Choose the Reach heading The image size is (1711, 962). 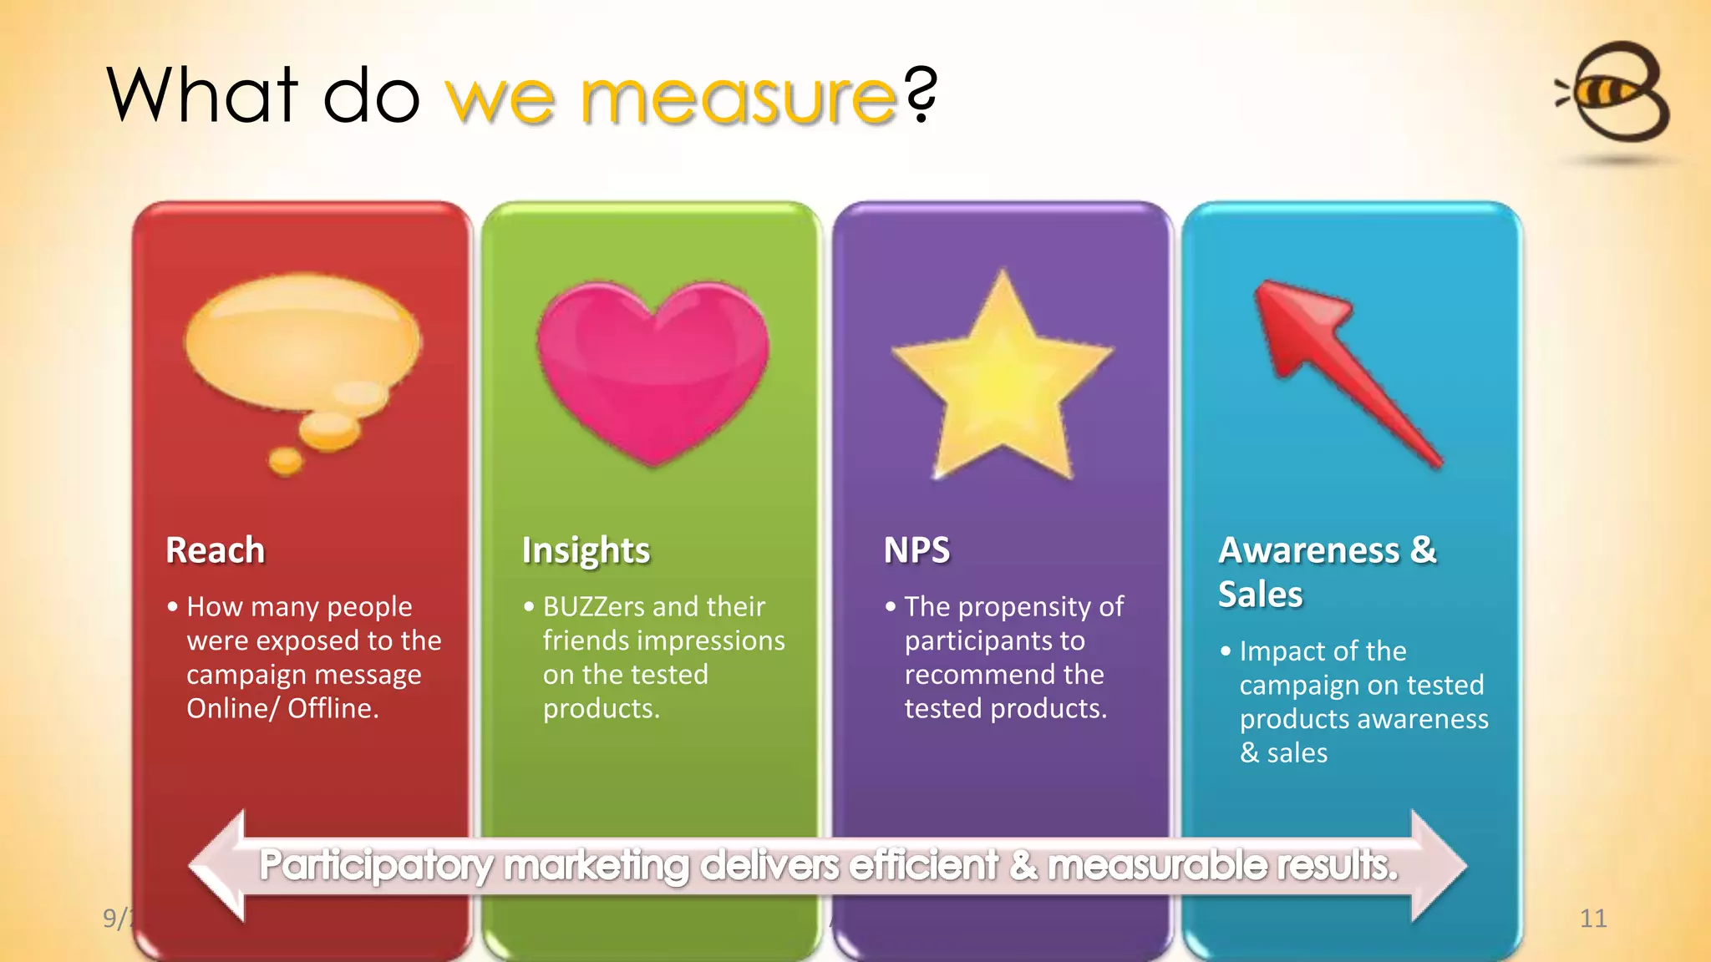tap(215, 550)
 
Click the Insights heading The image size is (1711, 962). tap(586, 550)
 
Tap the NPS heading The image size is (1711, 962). tap(916, 550)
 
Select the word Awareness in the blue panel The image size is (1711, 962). tap(1308, 550)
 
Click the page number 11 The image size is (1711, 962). tap(1593, 919)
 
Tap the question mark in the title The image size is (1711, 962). tap(922, 95)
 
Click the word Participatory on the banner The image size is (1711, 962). tap(375, 865)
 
